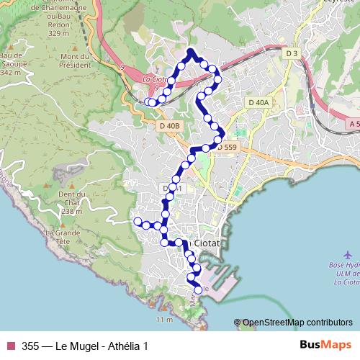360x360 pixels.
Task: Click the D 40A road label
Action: coord(258,103)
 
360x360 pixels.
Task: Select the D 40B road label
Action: coord(169,126)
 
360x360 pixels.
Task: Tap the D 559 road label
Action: coord(226,148)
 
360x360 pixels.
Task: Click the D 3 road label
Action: coord(291,53)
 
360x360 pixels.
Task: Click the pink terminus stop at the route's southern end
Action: coord(199,289)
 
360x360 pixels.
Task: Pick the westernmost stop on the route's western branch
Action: coord(137,221)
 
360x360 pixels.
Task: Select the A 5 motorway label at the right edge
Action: coord(353,124)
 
